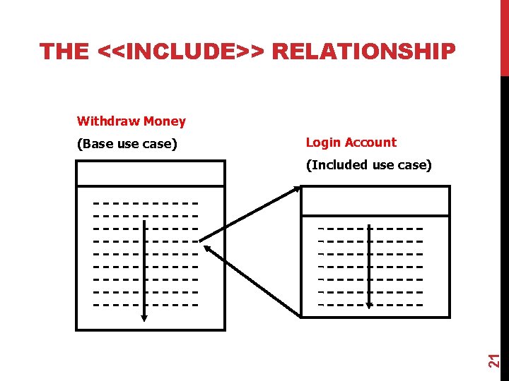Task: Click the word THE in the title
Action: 65,52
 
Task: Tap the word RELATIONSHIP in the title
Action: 364,52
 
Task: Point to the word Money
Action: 164,121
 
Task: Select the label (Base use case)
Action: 127,144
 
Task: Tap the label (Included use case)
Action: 368,165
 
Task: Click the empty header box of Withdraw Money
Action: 151,174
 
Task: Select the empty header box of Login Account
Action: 375,200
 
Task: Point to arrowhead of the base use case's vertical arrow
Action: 144,317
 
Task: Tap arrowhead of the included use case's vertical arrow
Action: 369,305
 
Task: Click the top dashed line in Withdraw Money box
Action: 146,204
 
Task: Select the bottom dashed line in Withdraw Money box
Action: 146,306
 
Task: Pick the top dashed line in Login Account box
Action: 370,229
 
